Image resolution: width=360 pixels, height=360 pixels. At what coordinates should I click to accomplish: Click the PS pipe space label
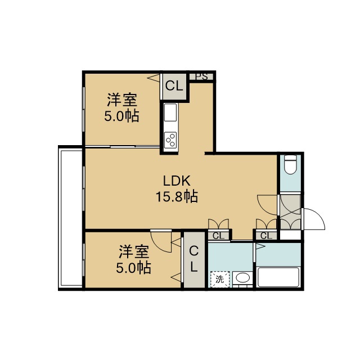tap(202, 76)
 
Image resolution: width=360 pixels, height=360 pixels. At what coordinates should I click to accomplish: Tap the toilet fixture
tap(290, 165)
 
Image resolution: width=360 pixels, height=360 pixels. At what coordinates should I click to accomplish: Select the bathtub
tap(278, 277)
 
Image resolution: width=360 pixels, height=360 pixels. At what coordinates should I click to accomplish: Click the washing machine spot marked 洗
tap(220, 279)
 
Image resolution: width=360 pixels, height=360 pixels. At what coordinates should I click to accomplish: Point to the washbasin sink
tap(242, 278)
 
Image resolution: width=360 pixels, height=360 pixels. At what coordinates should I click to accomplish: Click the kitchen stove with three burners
tap(170, 139)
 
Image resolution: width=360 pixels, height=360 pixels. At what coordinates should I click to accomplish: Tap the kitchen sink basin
tap(170, 112)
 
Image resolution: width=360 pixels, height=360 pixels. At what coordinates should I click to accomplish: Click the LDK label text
tap(177, 181)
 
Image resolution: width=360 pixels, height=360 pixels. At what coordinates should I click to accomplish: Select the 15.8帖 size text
tap(177, 197)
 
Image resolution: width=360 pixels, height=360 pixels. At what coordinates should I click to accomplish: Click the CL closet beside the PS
tap(174, 87)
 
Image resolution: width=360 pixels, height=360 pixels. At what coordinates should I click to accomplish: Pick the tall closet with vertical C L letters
tap(194, 259)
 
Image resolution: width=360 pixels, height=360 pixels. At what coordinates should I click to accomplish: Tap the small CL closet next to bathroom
tap(266, 236)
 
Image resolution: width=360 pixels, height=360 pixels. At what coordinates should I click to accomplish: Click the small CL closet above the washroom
tap(218, 236)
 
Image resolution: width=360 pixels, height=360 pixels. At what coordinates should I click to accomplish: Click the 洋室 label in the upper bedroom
tap(122, 100)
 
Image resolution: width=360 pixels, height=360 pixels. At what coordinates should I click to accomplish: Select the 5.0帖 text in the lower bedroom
tap(133, 267)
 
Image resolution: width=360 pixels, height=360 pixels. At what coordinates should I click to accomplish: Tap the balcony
tap(71, 218)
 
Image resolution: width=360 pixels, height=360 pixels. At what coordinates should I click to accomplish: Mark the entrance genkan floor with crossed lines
tap(290, 211)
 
